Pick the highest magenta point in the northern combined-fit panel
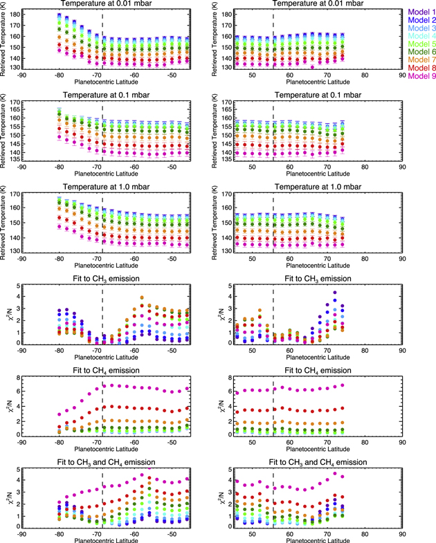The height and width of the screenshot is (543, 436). pos(336,473)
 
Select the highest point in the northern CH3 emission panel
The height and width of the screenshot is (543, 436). pos(335,293)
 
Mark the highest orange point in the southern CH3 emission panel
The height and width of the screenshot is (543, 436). pos(142,298)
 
